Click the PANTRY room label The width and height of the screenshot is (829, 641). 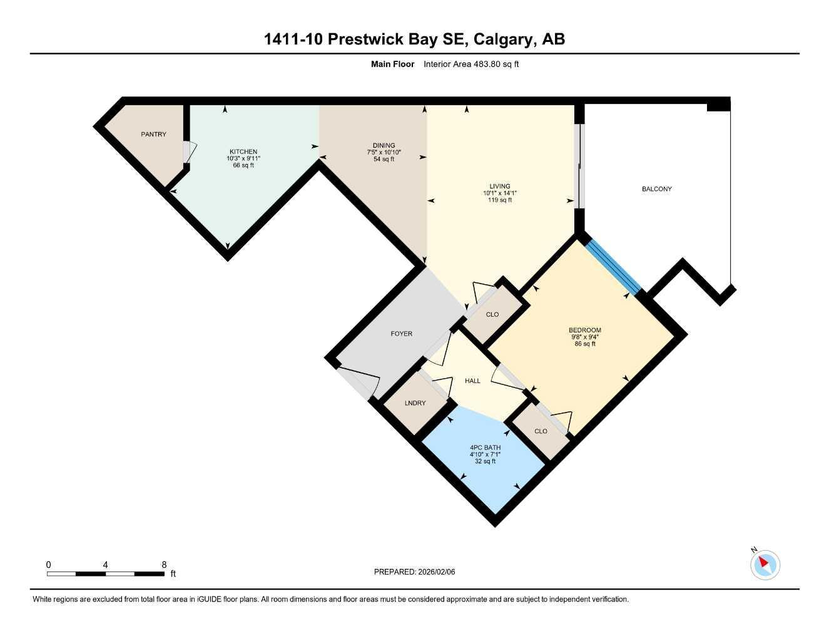pos(153,134)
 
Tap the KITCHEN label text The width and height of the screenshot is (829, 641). pos(243,151)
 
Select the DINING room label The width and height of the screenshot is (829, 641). pos(384,145)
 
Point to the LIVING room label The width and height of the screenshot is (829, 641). pos(499,186)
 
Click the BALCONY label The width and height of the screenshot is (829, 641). pos(656,189)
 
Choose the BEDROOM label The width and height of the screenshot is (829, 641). pos(584,331)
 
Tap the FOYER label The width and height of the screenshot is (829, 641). pos(401,334)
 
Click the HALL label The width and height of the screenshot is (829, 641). pos(472,381)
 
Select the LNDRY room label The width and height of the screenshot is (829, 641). pos(415,403)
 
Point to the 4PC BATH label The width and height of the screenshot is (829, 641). pos(485,448)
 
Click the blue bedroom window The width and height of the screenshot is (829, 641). pos(613,267)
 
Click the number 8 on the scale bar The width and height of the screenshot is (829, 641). pos(164,565)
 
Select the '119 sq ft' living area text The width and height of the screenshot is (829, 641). pos(499,200)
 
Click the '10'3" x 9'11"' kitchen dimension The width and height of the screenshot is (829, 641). pos(243,158)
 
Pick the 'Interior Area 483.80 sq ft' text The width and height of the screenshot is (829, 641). pos(471,64)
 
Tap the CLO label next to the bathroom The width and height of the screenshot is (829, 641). pos(541,431)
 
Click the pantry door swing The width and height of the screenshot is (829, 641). pos(190,152)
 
